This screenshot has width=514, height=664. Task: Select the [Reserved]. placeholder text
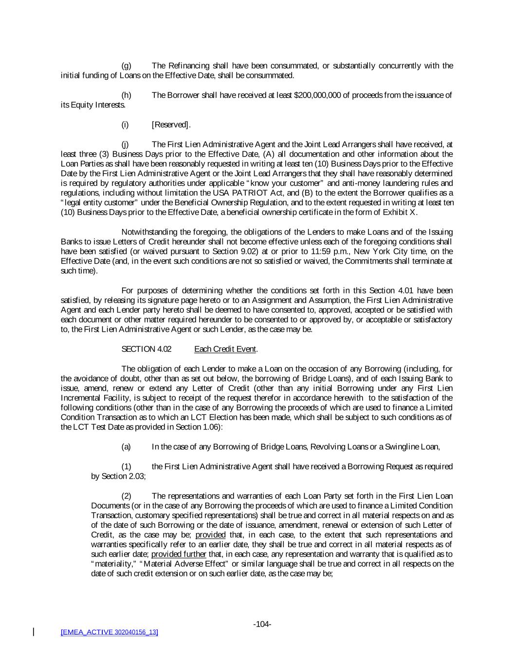[171, 125]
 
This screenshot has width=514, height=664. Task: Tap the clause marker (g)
[126, 66]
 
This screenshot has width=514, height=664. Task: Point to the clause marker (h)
[126, 95]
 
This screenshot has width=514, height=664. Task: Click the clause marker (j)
[125, 144]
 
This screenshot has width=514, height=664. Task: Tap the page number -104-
[262, 624]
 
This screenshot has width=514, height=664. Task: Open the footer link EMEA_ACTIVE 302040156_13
[109, 632]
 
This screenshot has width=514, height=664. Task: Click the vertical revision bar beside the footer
[34, 632]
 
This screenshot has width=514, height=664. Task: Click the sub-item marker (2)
[126, 496]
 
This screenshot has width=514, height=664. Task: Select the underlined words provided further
[179, 554]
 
